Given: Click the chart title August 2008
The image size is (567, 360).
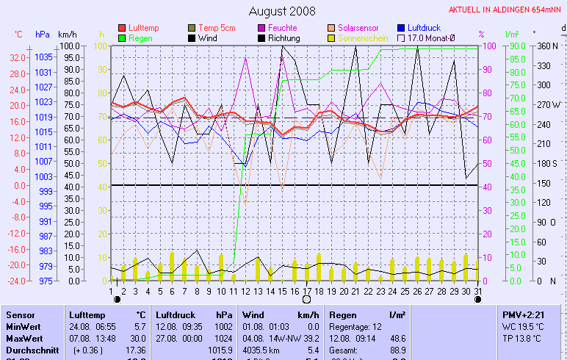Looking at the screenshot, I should [282, 11].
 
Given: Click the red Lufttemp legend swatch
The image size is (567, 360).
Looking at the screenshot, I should [122, 28].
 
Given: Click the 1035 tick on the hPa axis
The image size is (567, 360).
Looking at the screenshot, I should [43, 57].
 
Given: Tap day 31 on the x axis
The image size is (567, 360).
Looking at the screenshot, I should [478, 291].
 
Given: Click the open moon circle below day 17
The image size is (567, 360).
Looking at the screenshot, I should [306, 299].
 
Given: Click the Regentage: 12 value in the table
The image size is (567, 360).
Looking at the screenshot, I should [353, 326].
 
